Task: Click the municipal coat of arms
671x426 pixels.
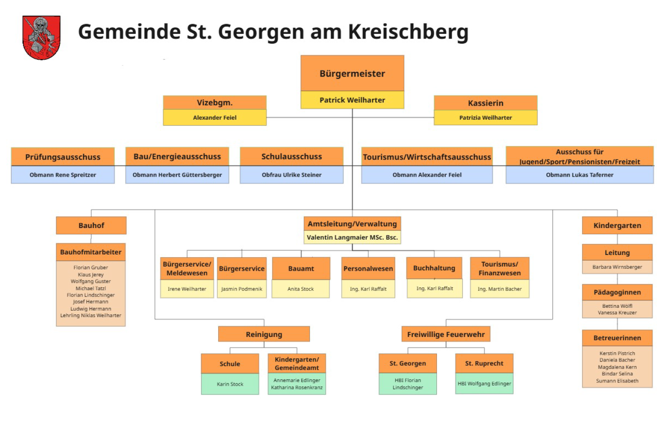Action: pyautogui.click(x=41, y=38)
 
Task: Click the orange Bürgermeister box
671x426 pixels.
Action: pyautogui.click(x=352, y=73)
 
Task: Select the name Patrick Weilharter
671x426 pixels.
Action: pyautogui.click(x=352, y=100)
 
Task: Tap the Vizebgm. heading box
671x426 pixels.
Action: pyautogui.click(x=215, y=102)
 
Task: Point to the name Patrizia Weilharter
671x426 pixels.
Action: pyautogui.click(x=485, y=118)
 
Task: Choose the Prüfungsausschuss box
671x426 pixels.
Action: pyautogui.click(x=63, y=157)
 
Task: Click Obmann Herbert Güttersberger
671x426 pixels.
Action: pyautogui.click(x=177, y=175)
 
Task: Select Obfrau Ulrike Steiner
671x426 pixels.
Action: pyautogui.click(x=291, y=175)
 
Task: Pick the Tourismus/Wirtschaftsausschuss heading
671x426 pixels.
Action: pyautogui.click(x=427, y=157)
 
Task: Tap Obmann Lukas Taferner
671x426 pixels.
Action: pyautogui.click(x=579, y=175)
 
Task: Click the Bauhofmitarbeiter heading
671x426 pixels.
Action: pyautogui.click(x=91, y=252)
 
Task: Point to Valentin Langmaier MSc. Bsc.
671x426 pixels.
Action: pyautogui.click(x=352, y=237)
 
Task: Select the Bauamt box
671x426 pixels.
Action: pyautogui.click(x=301, y=268)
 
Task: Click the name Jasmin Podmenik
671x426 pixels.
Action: pyautogui.click(x=241, y=289)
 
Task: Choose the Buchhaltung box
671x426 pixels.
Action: pyautogui.click(x=434, y=268)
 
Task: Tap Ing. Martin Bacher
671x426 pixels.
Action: pyautogui.click(x=500, y=289)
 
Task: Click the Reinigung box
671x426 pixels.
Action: pyautogui.click(x=264, y=334)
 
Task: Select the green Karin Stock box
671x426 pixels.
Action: pyautogui.click(x=230, y=384)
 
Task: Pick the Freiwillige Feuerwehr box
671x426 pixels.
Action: pyautogui.click(x=446, y=334)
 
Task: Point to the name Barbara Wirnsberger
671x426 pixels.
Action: pyautogui.click(x=617, y=267)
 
